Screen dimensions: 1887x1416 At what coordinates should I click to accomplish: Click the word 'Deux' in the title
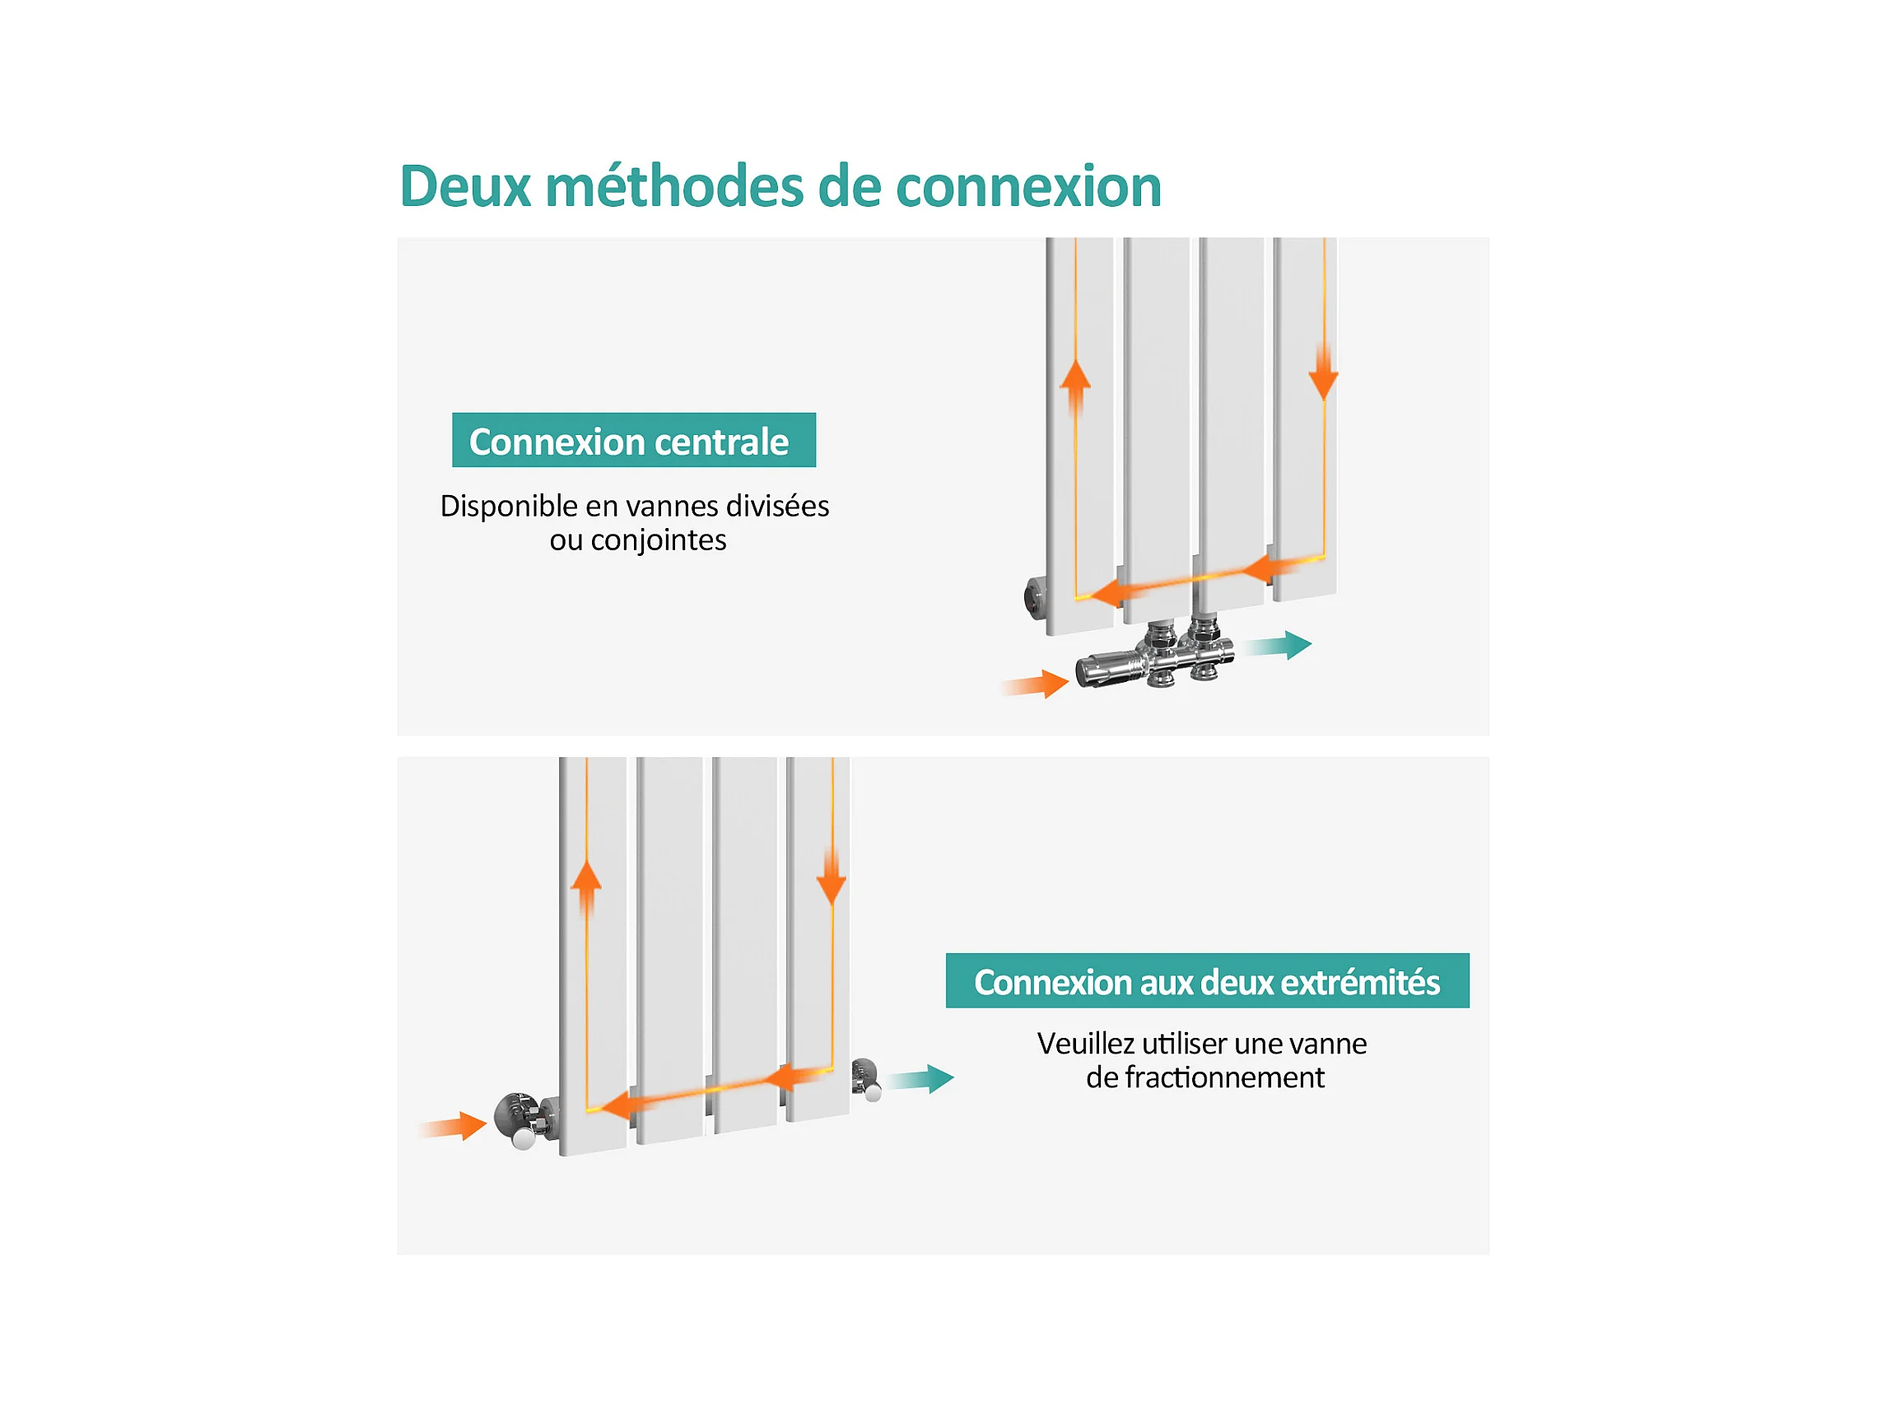pyautogui.click(x=465, y=186)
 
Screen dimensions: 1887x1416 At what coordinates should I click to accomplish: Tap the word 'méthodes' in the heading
pyautogui.click(x=674, y=186)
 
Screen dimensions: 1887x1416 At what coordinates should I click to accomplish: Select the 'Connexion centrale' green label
pyautogui.click(x=634, y=441)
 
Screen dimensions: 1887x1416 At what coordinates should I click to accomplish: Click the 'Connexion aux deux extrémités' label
pyautogui.click(x=1207, y=981)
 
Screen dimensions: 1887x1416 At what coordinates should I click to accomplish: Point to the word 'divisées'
pyautogui.click(x=777, y=506)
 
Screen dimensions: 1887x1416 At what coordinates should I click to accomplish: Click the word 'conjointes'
pyautogui.click(x=658, y=540)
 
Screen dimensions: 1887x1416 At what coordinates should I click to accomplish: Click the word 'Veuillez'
pyautogui.click(x=1085, y=1044)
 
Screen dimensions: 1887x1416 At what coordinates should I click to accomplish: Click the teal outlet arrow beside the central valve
pyautogui.click(x=1279, y=646)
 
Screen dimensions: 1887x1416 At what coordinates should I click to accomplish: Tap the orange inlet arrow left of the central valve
pyautogui.click(x=1036, y=685)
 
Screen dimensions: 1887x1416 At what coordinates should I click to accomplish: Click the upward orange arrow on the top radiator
pyautogui.click(x=1076, y=388)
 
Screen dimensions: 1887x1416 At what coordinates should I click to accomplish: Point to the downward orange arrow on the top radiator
pyautogui.click(x=1323, y=373)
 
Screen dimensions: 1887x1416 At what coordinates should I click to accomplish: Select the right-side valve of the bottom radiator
pyautogui.click(x=867, y=1079)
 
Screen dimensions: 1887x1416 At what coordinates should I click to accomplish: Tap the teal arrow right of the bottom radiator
pyautogui.click(x=920, y=1080)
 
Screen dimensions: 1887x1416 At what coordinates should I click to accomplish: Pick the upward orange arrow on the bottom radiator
pyautogui.click(x=586, y=890)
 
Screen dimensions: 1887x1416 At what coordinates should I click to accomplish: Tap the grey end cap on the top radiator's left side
pyautogui.click(x=1036, y=597)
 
